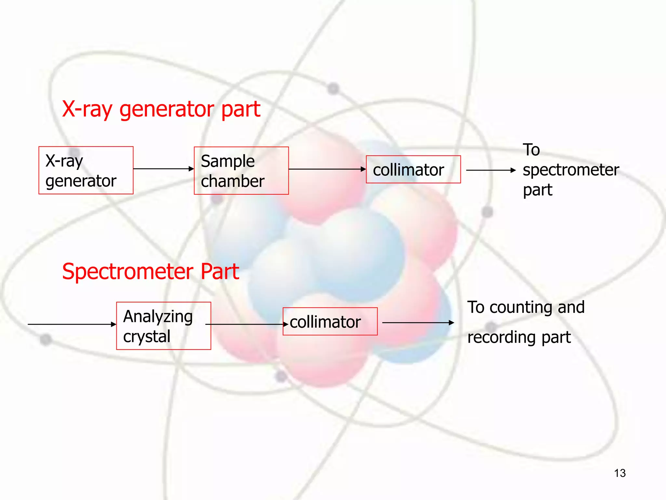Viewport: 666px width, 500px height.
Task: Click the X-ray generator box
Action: tap(86, 170)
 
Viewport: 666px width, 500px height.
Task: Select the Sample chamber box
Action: tap(241, 171)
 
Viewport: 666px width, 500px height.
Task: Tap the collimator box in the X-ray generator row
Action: tap(413, 170)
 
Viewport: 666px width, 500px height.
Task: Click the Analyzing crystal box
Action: tap(164, 326)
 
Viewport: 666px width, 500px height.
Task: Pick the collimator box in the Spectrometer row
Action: tap(330, 322)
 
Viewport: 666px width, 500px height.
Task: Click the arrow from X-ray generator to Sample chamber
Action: tap(163, 169)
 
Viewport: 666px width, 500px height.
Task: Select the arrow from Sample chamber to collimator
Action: tap(327, 169)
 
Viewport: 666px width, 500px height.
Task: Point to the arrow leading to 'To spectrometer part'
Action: tap(491, 170)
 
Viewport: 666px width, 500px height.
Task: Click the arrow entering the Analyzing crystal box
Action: tap(72, 324)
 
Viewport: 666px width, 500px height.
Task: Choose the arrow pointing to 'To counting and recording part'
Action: tap(418, 323)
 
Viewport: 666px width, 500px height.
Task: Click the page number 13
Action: tap(620, 473)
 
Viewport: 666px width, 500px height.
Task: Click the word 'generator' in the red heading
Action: tap(167, 109)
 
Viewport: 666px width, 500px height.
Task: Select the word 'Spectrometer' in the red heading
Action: tap(128, 272)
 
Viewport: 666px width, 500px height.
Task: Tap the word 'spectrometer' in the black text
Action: tap(571, 170)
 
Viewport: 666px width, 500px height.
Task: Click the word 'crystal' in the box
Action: tap(147, 337)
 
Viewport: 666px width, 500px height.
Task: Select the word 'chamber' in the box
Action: tap(233, 181)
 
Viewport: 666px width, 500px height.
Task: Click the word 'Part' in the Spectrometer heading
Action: tap(220, 272)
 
